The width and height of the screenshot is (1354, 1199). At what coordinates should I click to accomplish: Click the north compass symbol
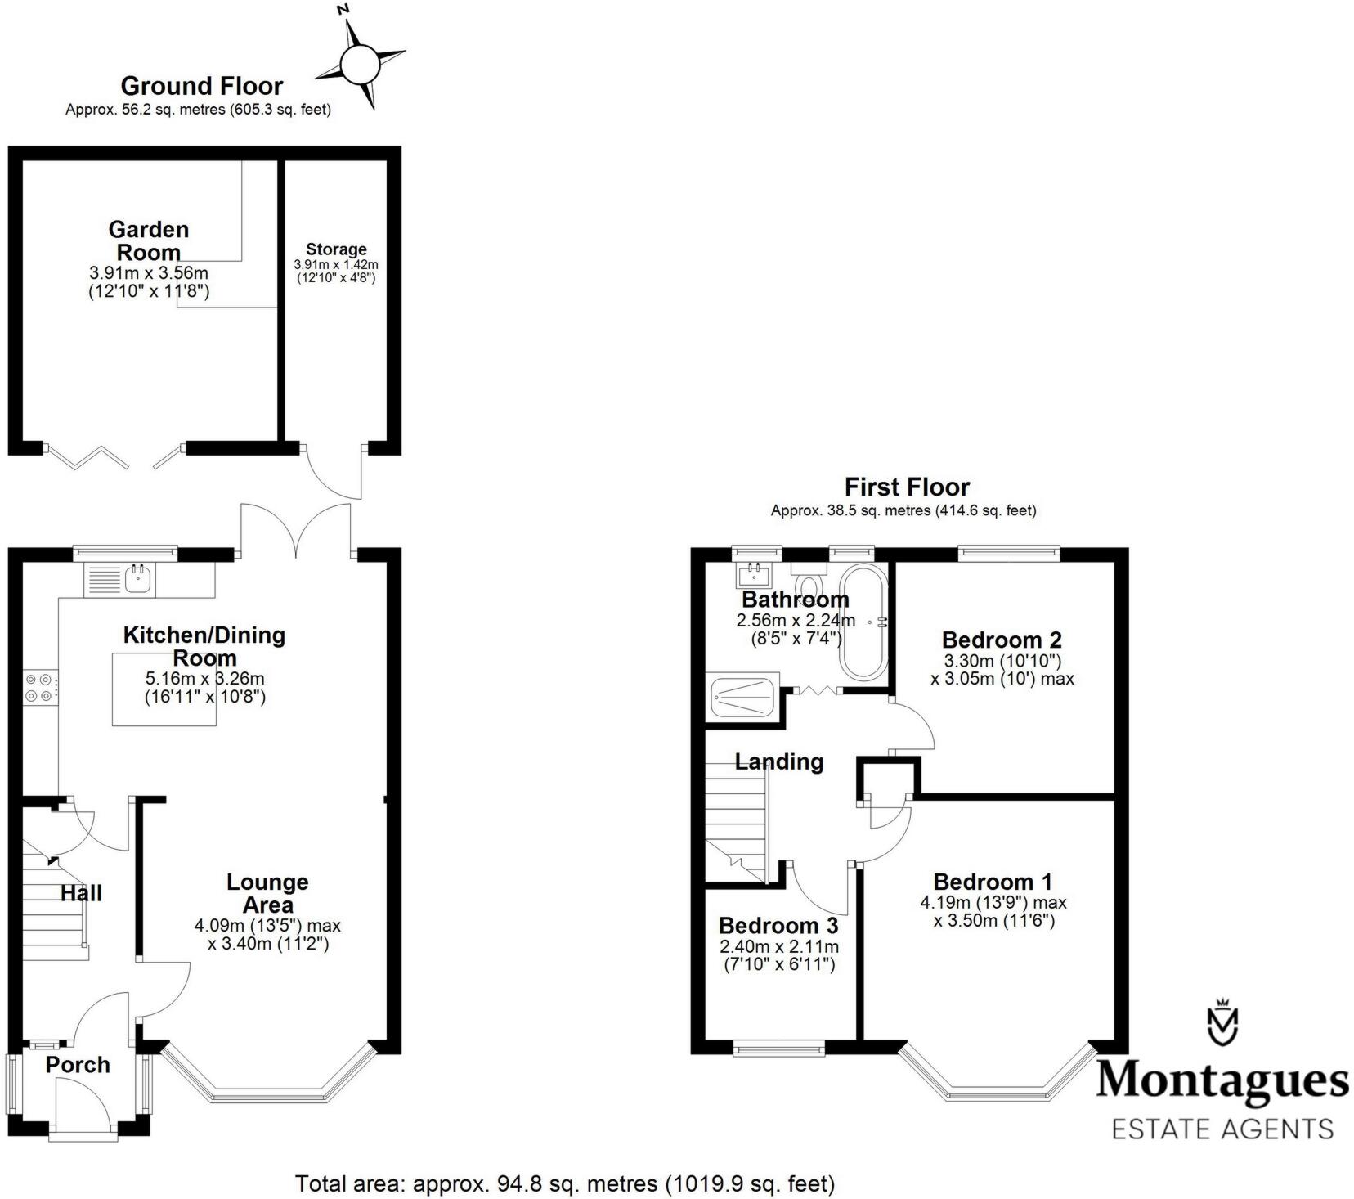coord(360,62)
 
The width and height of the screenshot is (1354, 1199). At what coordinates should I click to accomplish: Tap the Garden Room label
coord(149,240)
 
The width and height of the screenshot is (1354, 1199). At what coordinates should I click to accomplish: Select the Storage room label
coord(336,249)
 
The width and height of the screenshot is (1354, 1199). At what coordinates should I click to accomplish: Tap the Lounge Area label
coord(267,893)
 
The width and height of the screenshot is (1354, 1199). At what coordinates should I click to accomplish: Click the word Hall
coord(81,893)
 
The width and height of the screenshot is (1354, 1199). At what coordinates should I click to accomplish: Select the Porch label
coord(78,1065)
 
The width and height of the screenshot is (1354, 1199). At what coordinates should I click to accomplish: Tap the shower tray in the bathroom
coord(743,698)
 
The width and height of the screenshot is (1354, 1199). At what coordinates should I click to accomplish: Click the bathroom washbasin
coord(754,573)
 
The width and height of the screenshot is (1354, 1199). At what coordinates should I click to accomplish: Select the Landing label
coord(778,761)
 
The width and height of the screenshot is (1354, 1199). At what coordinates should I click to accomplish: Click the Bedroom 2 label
coord(1001,640)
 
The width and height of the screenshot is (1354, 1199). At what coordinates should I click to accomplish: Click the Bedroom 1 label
coord(993,882)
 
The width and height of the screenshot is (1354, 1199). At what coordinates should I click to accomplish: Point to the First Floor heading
coord(906,487)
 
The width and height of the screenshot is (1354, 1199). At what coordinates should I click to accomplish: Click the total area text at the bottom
coord(564,1183)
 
